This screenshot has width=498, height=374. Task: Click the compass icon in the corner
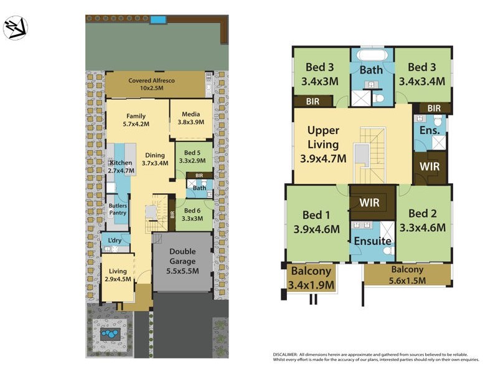(x=15, y=28)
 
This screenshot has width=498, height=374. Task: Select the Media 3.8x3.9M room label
(x=191, y=118)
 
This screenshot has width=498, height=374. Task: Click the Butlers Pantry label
(x=118, y=209)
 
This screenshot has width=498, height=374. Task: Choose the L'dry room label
(x=115, y=240)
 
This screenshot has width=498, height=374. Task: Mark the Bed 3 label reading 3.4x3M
(x=320, y=74)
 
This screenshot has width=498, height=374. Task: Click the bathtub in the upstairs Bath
(x=372, y=55)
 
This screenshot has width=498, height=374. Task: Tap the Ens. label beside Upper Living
(x=430, y=131)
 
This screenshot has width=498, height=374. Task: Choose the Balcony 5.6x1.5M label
(x=407, y=274)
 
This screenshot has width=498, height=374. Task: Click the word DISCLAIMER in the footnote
(x=287, y=354)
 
